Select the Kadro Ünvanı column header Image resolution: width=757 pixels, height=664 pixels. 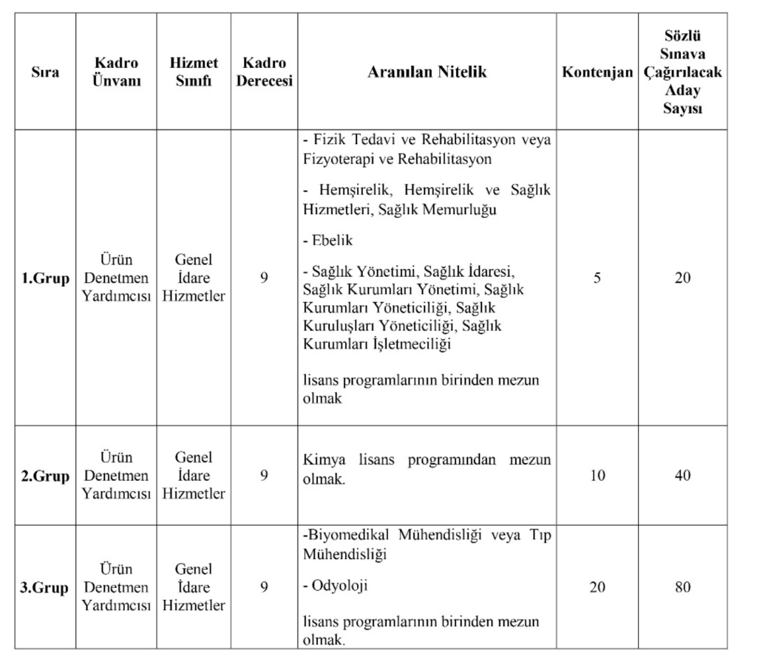pyautogui.click(x=116, y=72)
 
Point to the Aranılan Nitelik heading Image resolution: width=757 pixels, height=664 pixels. pyautogui.click(x=426, y=72)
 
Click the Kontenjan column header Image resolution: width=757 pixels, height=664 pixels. pyautogui.click(x=597, y=72)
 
